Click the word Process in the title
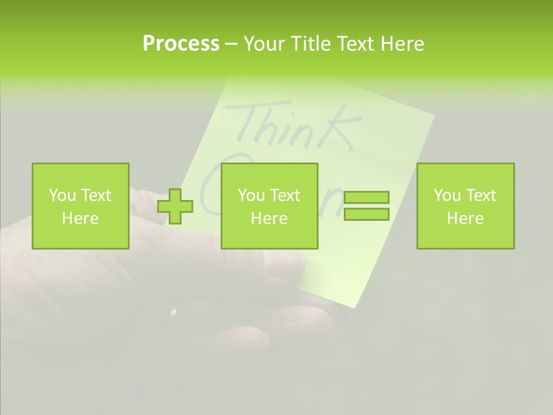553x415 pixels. tap(181, 44)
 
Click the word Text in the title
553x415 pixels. tap(353, 44)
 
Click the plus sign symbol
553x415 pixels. tap(176, 206)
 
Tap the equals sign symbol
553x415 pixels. tap(366, 206)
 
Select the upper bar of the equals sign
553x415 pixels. tap(366, 198)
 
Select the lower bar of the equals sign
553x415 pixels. tap(366, 214)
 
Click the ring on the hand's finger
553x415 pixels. tap(172, 318)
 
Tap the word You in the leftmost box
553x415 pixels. tap(62, 195)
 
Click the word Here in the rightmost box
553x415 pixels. tap(465, 218)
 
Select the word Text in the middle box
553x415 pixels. tap(285, 195)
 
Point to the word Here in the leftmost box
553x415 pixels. tap(81, 218)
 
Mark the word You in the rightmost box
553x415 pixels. tap(447, 195)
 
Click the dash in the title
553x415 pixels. tap(232, 44)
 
